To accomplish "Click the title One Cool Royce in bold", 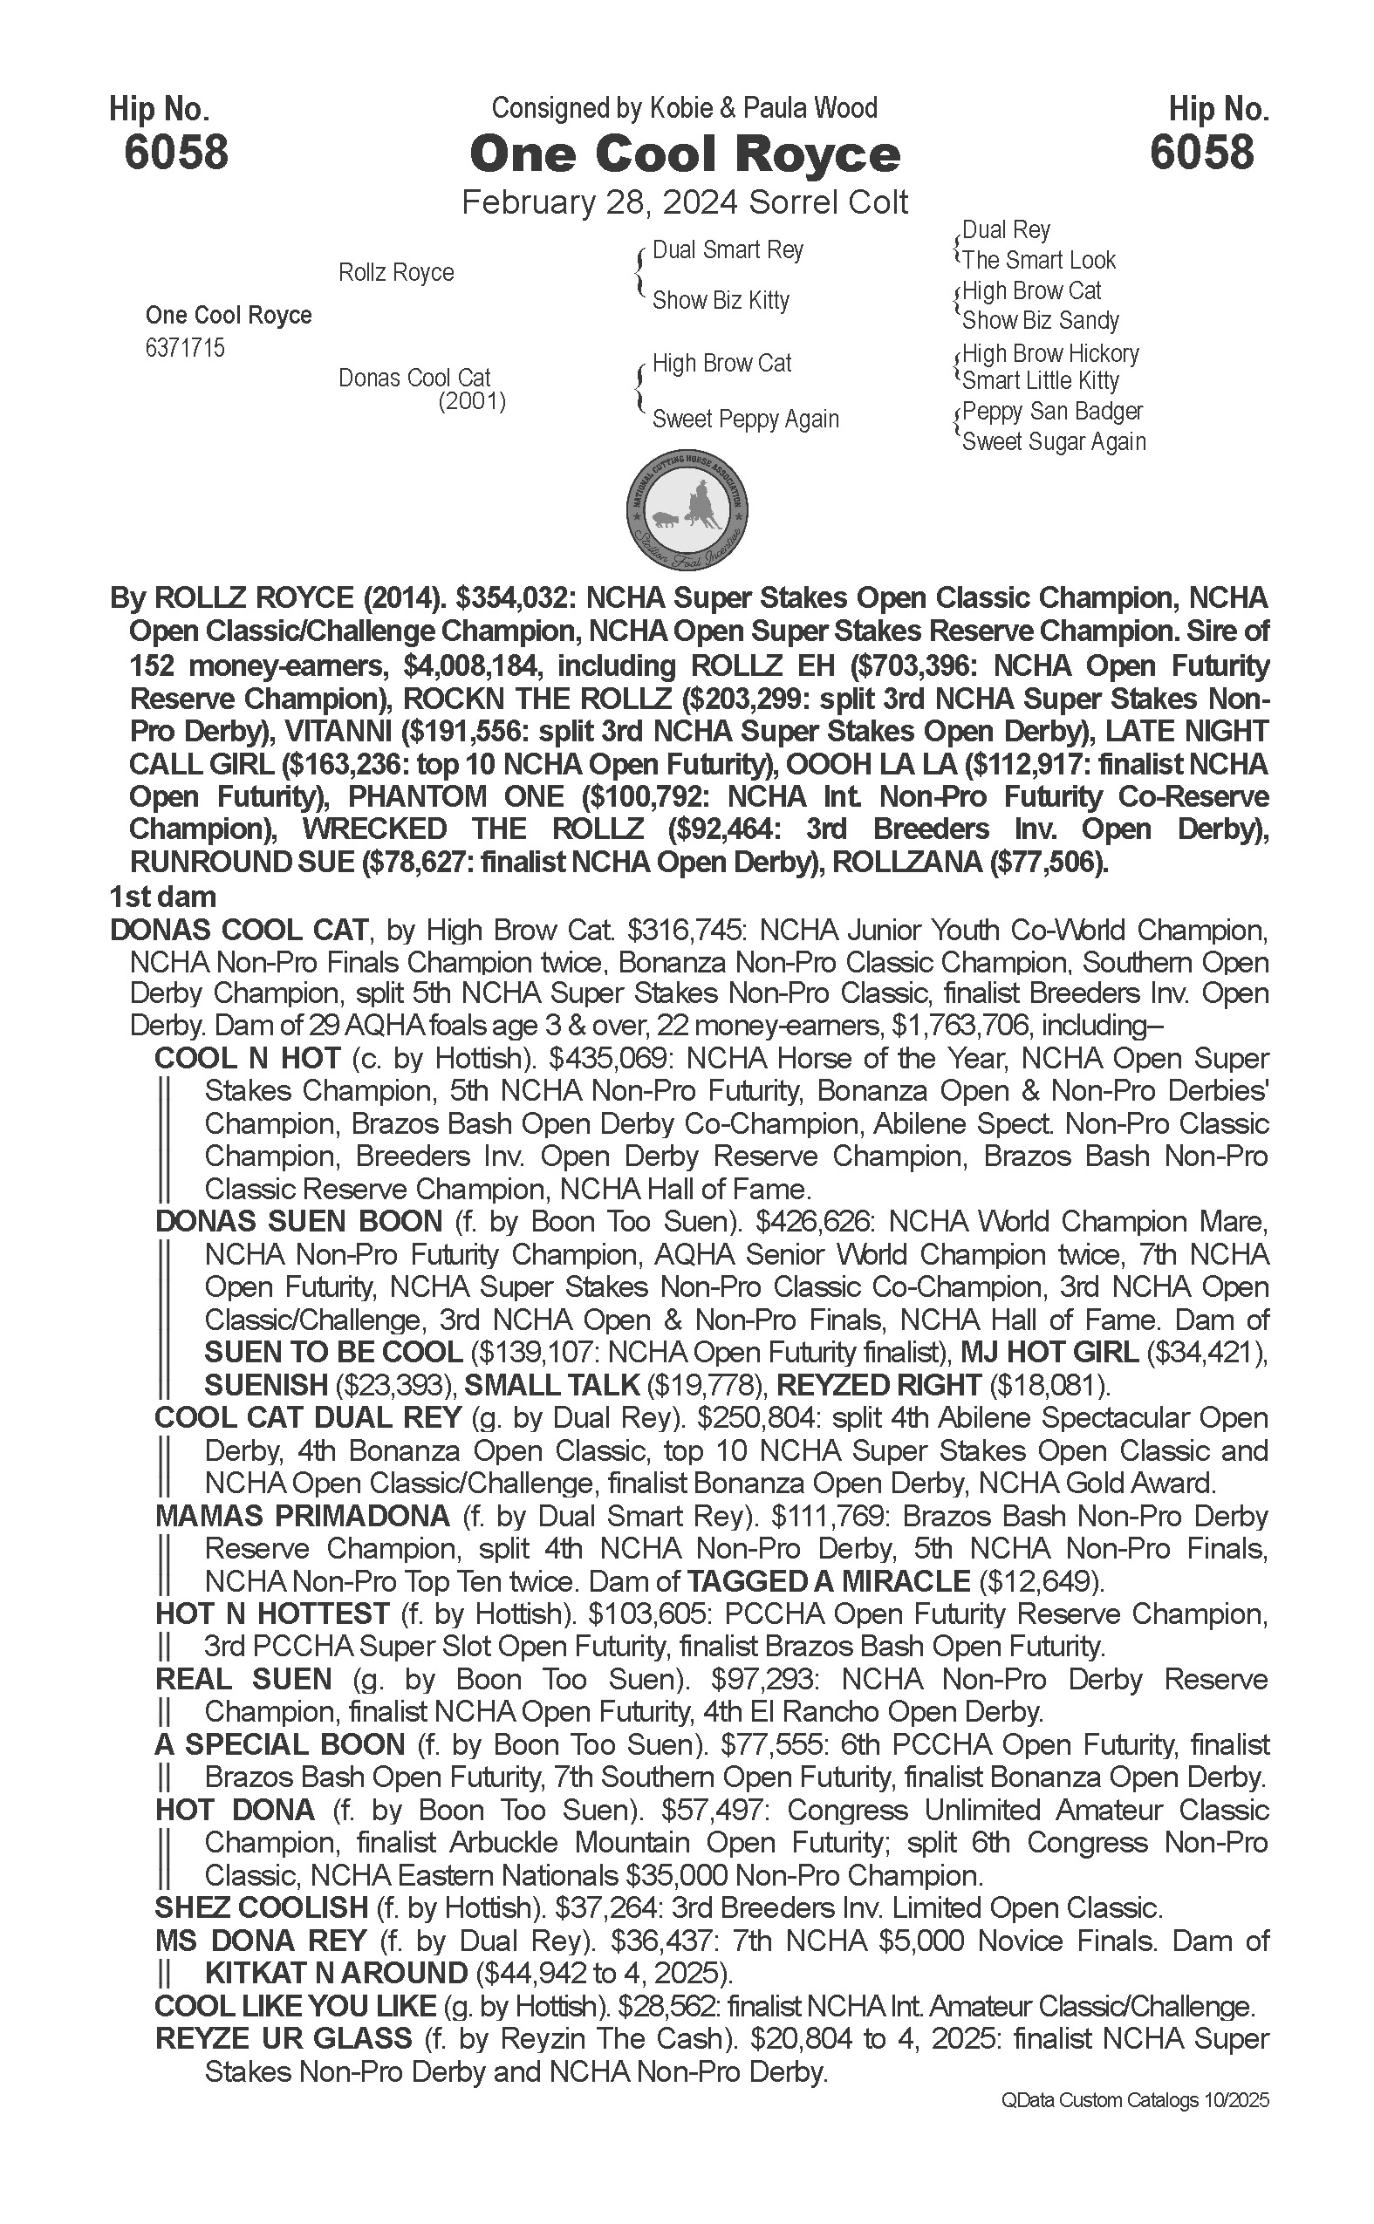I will coord(684,154).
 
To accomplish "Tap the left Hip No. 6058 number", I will coord(176,152).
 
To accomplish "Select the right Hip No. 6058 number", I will coord(1201,152).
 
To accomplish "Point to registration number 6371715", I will coord(184,349).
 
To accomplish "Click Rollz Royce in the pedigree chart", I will coord(395,272).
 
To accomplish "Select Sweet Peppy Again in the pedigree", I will coord(745,420).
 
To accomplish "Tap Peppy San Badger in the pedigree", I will coord(1051,412).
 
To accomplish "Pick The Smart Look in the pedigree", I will coord(1039,261).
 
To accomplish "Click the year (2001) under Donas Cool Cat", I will coord(472,401).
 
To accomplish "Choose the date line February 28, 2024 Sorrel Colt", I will coord(684,201).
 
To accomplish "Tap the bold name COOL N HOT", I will coord(247,1059).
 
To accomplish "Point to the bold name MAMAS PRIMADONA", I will coord(302,1516).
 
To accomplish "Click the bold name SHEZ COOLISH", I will coord(261,1908).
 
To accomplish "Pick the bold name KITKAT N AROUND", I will coord(335,1973).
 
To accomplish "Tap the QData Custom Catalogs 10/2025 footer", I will coord(1134,2100).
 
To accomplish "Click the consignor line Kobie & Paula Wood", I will coord(684,108).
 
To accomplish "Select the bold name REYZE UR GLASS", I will coord(284,2039).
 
